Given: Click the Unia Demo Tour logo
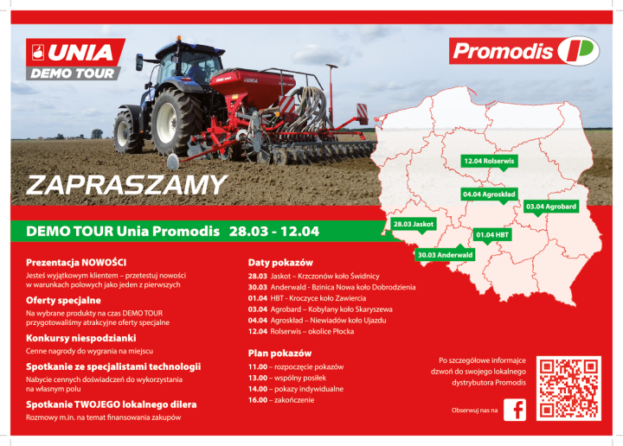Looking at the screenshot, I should click(x=75, y=60).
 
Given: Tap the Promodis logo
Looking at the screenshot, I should click(x=524, y=51).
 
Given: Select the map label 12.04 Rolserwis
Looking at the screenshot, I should click(x=488, y=161).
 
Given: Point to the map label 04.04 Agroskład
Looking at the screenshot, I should click(x=489, y=194).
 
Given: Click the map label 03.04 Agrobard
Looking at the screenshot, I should click(x=550, y=207).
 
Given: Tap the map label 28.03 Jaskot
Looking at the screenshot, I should click(x=413, y=224).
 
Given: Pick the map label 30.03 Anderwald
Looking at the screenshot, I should click(x=445, y=255).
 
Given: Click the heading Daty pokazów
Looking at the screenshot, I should click(x=279, y=262).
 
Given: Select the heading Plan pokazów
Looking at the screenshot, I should click(x=279, y=354).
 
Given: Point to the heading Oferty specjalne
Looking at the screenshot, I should click(x=63, y=300).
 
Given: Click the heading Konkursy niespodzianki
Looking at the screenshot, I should click(x=80, y=338).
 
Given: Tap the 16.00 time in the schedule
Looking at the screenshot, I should click(x=257, y=400).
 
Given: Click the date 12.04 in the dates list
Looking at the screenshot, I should click(x=257, y=331).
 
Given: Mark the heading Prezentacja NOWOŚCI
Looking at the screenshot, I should click(x=76, y=261).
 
